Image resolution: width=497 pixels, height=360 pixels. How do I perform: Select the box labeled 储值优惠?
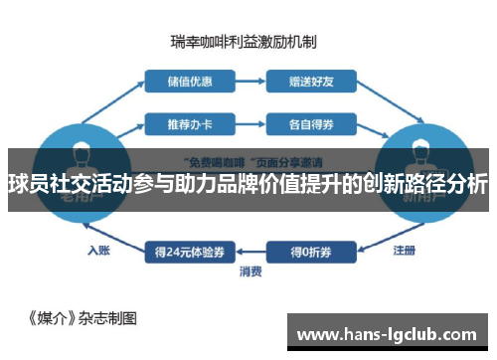tap(184, 79)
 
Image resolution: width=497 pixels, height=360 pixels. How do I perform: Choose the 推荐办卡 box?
tap(184, 124)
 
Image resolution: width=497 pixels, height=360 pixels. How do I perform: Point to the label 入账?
tap(97, 250)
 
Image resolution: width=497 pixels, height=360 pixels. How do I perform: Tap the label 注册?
tap(405, 249)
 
